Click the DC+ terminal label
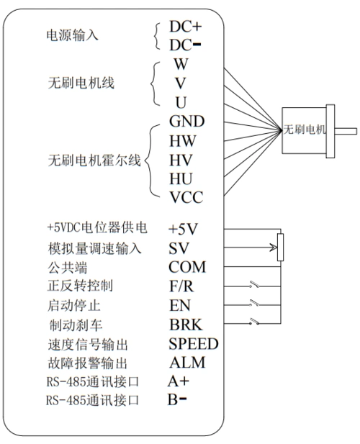[x=185, y=27]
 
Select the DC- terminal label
[x=185, y=45]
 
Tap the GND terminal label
[x=186, y=120]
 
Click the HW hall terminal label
[x=182, y=140]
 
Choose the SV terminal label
[x=178, y=249]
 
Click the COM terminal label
[x=187, y=268]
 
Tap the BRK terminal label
[x=184, y=324]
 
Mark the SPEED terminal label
[x=193, y=343]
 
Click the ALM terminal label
[x=186, y=361]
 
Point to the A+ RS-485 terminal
[x=179, y=380]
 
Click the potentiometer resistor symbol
[x=280, y=248]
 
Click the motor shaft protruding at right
[x=347, y=130]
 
